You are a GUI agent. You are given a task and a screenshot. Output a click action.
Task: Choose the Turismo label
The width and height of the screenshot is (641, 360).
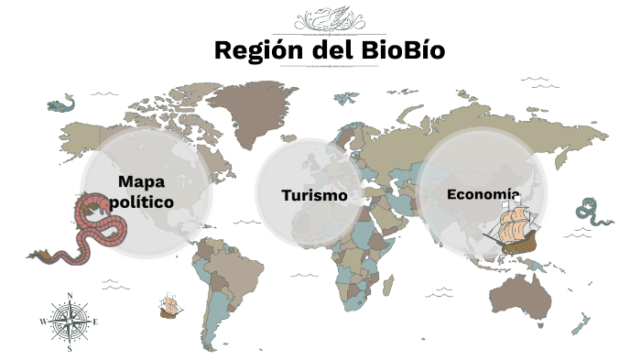click(x=314, y=195)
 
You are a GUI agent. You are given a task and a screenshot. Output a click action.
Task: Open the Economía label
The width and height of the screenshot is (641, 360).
click(x=483, y=193)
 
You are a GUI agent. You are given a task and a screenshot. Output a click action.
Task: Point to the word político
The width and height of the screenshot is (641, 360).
click(x=141, y=201)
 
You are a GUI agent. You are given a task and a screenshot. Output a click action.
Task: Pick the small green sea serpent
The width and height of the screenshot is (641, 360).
click(x=590, y=212)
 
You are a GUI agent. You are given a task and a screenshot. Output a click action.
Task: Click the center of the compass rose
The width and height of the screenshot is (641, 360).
click(x=70, y=322)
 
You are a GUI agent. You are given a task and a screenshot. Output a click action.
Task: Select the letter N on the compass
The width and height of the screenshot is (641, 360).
click(x=70, y=296)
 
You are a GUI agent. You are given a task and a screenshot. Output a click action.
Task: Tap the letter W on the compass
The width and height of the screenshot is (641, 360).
click(x=42, y=322)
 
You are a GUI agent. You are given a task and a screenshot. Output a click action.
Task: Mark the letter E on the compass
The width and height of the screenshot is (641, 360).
click(x=96, y=322)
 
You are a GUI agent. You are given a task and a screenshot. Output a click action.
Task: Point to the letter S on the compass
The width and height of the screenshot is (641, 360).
click(x=70, y=349)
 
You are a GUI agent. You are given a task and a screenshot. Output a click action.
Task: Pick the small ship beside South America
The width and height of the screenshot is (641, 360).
click(x=168, y=305)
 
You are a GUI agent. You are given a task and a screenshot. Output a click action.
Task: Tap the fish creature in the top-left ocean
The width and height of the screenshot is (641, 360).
click(x=60, y=104)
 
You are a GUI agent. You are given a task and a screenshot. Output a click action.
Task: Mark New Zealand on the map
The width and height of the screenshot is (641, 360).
click(x=580, y=322)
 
